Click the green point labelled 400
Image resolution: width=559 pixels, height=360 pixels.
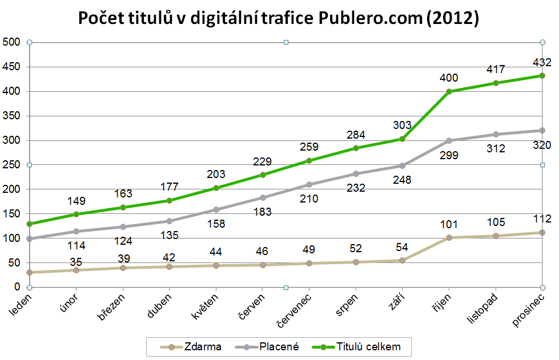tap(449, 91)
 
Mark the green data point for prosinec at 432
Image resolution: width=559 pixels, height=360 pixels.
tap(542, 75)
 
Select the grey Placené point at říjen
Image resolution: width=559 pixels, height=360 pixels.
tap(449, 140)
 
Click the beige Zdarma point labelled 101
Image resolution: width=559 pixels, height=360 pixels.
tap(449, 237)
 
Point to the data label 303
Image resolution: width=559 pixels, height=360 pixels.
tap(403, 125)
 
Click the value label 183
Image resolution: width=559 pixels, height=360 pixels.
tap(263, 212)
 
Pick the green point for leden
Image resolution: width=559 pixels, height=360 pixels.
tap(30, 224)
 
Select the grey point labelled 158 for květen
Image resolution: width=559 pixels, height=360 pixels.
tap(216, 209)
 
